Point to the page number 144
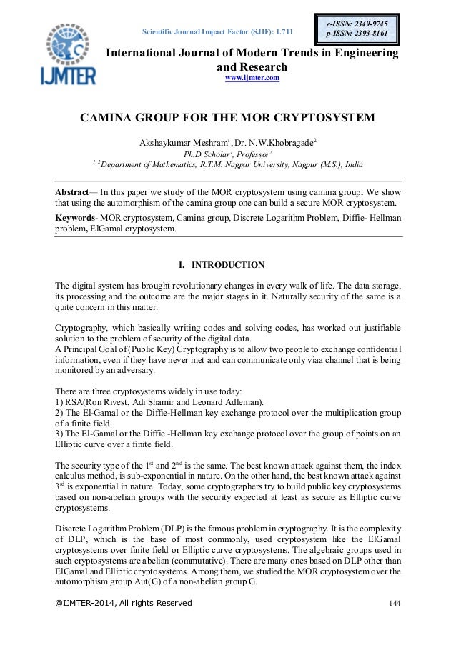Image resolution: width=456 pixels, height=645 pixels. (x=394, y=604)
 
